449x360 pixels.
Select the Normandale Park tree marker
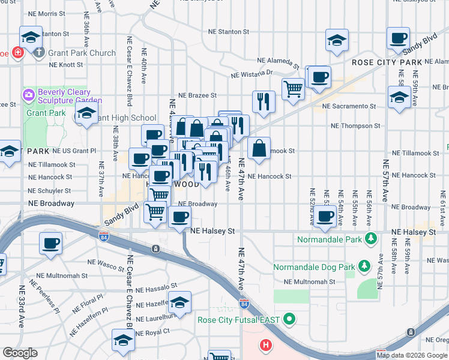click(x=372, y=239)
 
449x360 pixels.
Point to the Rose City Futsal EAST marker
click(x=289, y=319)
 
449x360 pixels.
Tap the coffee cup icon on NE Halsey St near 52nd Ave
click(x=326, y=217)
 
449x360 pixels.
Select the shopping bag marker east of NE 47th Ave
click(x=259, y=149)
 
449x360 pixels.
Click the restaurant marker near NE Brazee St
click(x=264, y=102)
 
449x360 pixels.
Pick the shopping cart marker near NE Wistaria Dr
click(x=293, y=89)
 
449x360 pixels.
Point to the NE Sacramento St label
click(x=349, y=106)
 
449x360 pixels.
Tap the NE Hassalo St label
click(x=157, y=287)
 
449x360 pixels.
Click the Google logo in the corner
click(x=20, y=353)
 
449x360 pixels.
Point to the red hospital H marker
click(x=265, y=346)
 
